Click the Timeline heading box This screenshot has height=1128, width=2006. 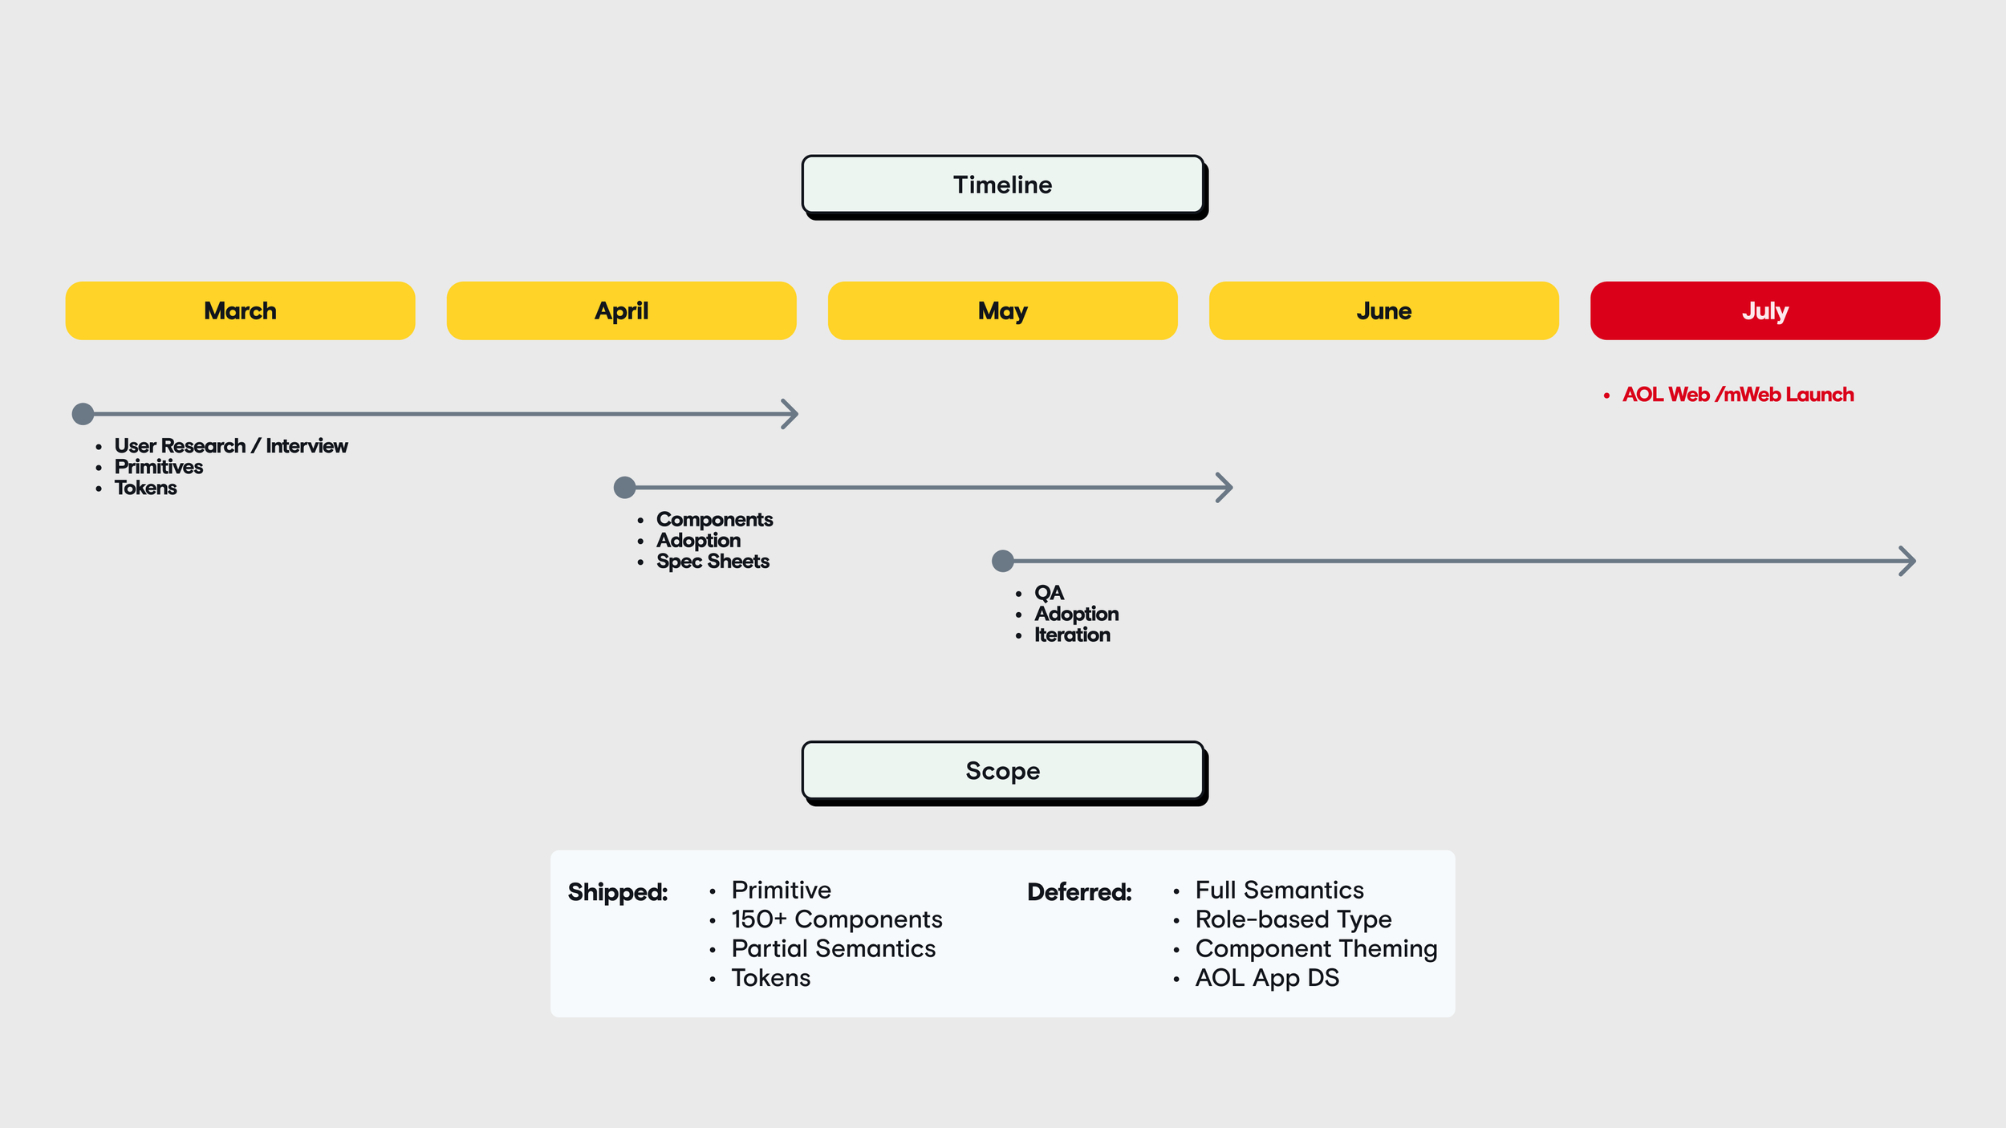click(x=1003, y=185)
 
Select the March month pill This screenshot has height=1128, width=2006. click(x=240, y=310)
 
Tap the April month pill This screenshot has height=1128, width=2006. click(x=621, y=310)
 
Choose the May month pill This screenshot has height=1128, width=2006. click(x=1002, y=310)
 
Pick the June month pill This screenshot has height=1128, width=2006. click(x=1383, y=310)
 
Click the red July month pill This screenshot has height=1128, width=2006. click(x=1764, y=310)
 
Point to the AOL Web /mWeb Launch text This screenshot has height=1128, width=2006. click(x=1738, y=395)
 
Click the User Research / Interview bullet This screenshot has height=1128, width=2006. click(x=231, y=446)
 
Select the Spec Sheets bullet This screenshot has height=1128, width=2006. click(x=713, y=562)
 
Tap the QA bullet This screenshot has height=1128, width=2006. click(x=1049, y=593)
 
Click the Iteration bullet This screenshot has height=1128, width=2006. click(x=1072, y=635)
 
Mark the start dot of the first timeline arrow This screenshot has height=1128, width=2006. click(x=83, y=414)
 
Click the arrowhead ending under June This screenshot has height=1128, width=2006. click(x=1224, y=487)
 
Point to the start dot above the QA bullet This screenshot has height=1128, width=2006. click(x=1003, y=561)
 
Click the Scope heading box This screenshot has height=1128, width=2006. click(x=1003, y=772)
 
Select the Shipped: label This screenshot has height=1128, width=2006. click(x=618, y=892)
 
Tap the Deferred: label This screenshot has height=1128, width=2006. click(x=1079, y=892)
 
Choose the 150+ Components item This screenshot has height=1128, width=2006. click(x=837, y=919)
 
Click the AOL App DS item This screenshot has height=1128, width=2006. click(x=1267, y=978)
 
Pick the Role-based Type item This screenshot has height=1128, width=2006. click(x=1293, y=920)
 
